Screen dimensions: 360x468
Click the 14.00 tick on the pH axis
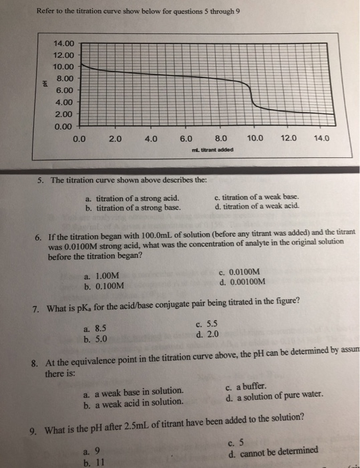[x=66, y=44]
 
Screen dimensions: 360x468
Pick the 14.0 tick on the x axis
[x=322, y=139]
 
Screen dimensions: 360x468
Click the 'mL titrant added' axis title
[x=213, y=150]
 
